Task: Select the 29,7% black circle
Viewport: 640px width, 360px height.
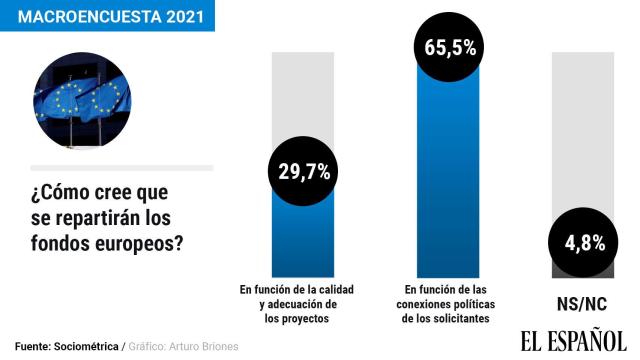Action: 304,172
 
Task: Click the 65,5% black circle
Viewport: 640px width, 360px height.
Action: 448,47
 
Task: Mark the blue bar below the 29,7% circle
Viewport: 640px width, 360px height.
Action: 304,240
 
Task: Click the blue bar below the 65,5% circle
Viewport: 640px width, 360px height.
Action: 448,180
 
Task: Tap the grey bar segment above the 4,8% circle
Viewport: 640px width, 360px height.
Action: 584,130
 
